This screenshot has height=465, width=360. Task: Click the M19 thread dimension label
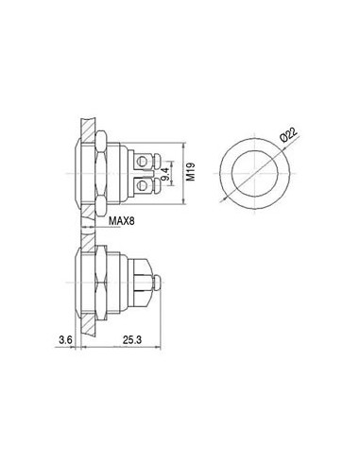click(193, 170)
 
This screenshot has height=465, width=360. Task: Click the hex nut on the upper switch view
click(101, 170)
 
